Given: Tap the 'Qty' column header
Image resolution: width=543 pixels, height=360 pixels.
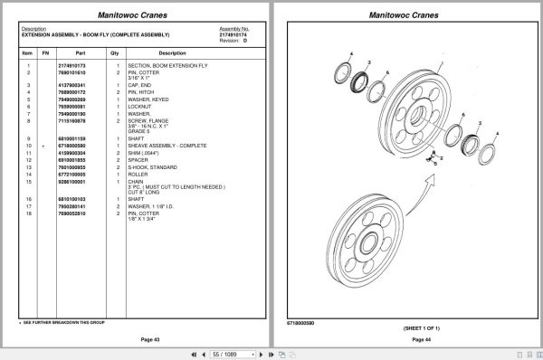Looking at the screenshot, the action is (115, 53).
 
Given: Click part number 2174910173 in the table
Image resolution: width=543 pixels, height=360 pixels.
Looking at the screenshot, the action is (71, 66).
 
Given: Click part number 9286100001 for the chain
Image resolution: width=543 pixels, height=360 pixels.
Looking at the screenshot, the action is (71, 183).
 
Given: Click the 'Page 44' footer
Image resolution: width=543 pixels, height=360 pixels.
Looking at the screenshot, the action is (409, 338).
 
